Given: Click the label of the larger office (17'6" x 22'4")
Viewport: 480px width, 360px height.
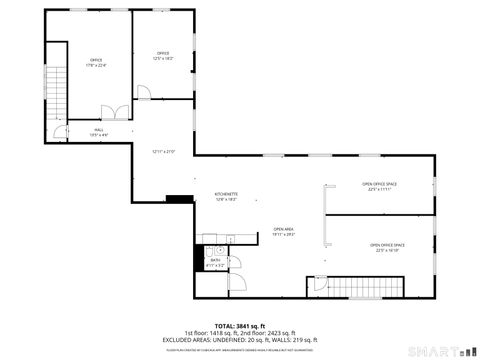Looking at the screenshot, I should [97, 62].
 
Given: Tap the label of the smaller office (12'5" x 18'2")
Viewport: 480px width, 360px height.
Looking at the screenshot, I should [163, 56].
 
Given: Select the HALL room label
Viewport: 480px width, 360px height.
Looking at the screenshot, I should [99, 131].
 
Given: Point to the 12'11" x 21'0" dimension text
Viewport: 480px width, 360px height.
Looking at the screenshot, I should [163, 152].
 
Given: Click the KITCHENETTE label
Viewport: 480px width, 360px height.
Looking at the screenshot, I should [226, 196].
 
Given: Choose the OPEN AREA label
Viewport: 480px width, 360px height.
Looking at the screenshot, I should [283, 231].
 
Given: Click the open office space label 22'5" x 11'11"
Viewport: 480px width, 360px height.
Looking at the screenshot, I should [379, 186].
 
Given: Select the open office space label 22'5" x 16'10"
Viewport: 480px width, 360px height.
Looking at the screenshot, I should [387, 247].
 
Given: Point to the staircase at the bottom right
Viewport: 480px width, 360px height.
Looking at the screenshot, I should [371, 284].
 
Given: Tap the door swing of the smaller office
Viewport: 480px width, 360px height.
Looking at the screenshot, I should [144, 93].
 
